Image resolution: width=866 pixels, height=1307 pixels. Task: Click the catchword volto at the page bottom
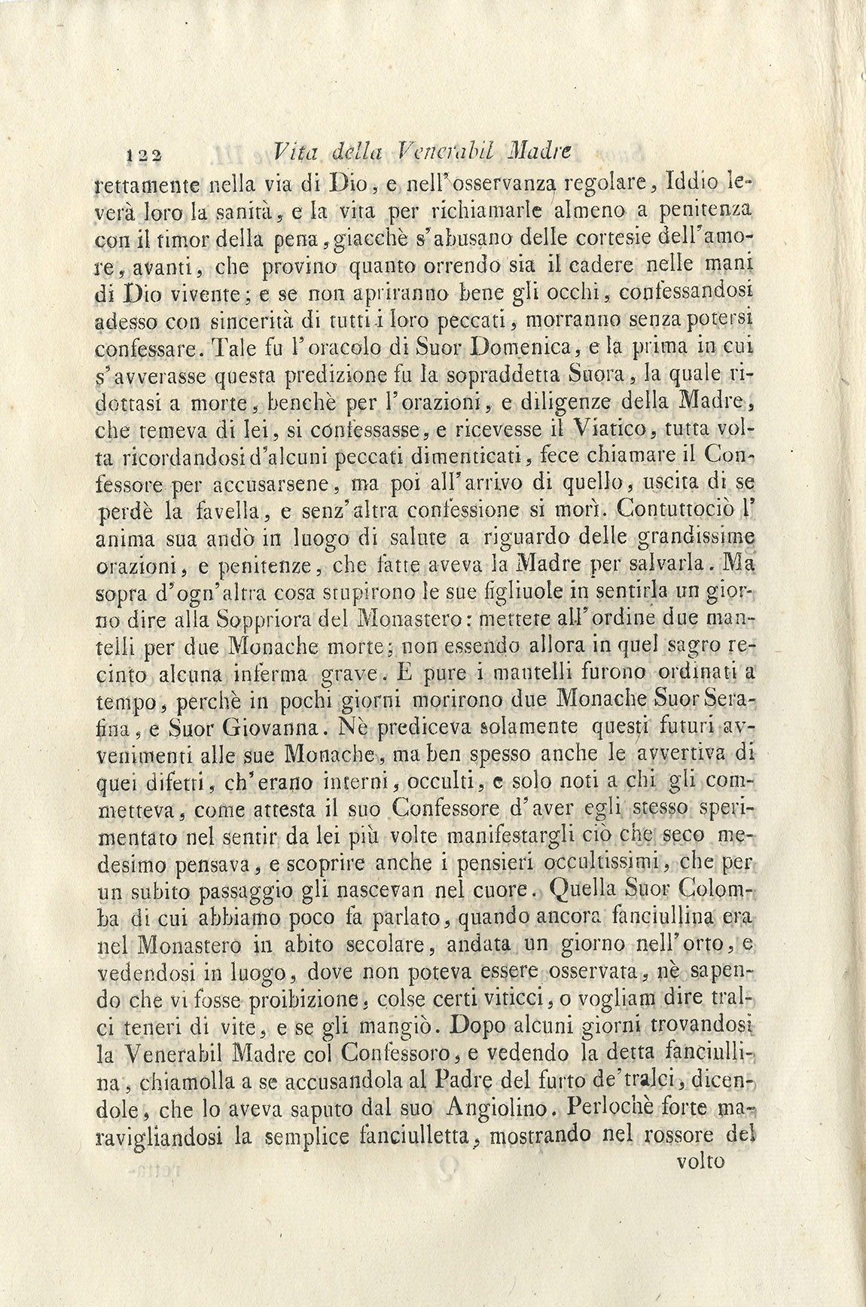tap(700, 1161)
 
